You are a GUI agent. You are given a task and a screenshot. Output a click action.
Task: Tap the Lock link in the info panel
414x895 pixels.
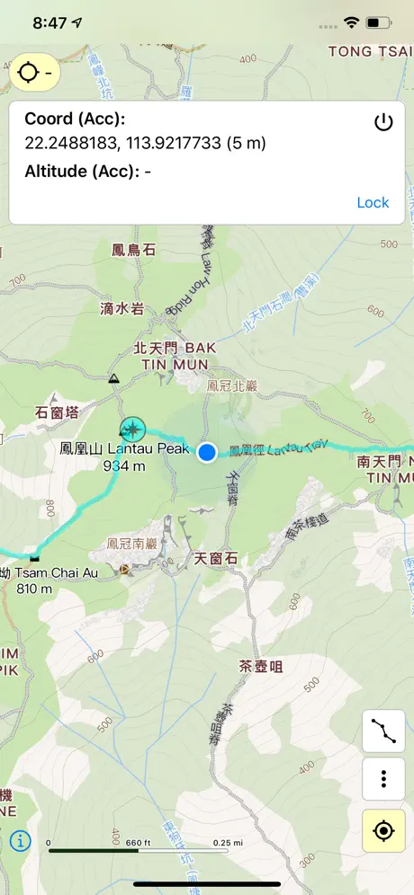coord(373,202)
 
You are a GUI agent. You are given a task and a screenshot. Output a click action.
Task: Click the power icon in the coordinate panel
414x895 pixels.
coord(383,122)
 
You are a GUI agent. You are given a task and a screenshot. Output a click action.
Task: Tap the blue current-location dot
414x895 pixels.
coord(208,452)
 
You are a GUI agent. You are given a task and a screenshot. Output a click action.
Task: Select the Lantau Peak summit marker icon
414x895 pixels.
coord(132,429)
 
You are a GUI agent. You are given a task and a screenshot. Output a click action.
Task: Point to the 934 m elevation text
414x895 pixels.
coord(124,465)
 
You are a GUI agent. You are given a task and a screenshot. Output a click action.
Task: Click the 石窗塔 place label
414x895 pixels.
coord(58,412)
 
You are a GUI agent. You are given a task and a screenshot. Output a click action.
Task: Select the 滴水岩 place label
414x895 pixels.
coord(121,308)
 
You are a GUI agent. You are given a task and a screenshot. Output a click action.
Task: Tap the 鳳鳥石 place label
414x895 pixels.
coord(133,250)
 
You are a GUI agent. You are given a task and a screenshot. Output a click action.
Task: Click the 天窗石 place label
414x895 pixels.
coord(216,558)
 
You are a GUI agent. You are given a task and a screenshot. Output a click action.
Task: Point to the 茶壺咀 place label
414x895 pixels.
coord(261,666)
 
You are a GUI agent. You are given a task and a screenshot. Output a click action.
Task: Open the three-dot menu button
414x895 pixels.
coord(383,778)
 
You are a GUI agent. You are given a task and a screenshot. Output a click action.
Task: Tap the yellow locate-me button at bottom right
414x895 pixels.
coord(383,831)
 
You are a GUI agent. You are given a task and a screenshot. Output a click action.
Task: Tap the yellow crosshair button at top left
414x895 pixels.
coord(36,72)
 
